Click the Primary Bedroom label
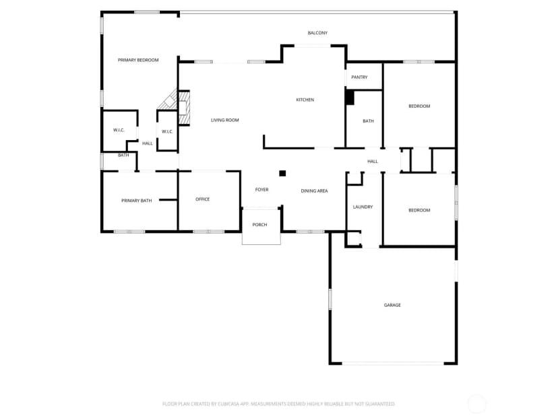138,60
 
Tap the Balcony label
317,33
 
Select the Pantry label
359,77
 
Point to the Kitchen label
305,100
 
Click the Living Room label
224,120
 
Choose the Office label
202,199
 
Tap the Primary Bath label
136,201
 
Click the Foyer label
261,190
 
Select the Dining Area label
314,191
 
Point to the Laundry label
363,207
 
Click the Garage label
392,305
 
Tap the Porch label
259,225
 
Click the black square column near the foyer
282,174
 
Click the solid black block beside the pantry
350,98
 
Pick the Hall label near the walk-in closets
148,143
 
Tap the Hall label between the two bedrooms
373,162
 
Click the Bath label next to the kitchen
368,121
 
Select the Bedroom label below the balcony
419,106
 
